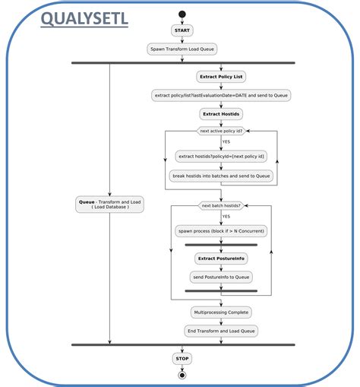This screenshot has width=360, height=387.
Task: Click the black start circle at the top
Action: [x=182, y=14]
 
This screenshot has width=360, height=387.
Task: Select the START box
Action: [x=182, y=30]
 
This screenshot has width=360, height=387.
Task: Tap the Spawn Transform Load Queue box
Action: [x=182, y=49]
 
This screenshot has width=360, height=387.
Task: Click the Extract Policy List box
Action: [x=221, y=77]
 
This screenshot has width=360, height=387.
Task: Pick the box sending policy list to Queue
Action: [x=221, y=95]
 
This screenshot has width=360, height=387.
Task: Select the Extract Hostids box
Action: [x=221, y=113]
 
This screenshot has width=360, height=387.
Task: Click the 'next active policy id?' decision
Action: [x=221, y=131]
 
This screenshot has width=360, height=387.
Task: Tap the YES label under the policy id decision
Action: [x=226, y=142]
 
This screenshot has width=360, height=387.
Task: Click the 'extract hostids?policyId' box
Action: [x=221, y=156]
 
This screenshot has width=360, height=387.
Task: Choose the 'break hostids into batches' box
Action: [x=221, y=175]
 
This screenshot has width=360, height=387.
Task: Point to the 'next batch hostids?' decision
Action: [x=221, y=205]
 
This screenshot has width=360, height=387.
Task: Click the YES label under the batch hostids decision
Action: [x=226, y=217]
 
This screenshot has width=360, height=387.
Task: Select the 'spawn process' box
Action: [x=221, y=230]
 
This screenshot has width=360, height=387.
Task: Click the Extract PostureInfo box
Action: [x=221, y=259]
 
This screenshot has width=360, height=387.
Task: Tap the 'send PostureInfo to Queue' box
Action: [x=221, y=277]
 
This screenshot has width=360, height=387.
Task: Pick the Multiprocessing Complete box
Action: [x=221, y=312]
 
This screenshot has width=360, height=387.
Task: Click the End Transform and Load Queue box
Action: [x=221, y=331]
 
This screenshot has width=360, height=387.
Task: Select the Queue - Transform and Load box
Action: [x=109, y=204]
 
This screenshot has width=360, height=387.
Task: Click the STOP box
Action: [x=182, y=358]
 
